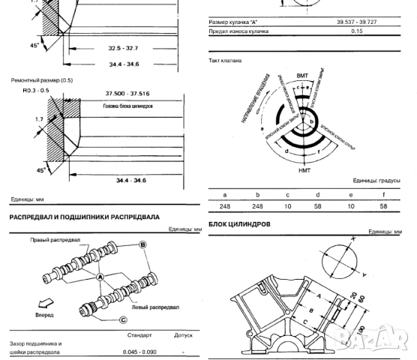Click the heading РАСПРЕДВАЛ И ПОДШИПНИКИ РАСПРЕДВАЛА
pos(84,217)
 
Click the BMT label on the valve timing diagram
pos(302,76)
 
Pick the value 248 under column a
pos(222,205)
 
